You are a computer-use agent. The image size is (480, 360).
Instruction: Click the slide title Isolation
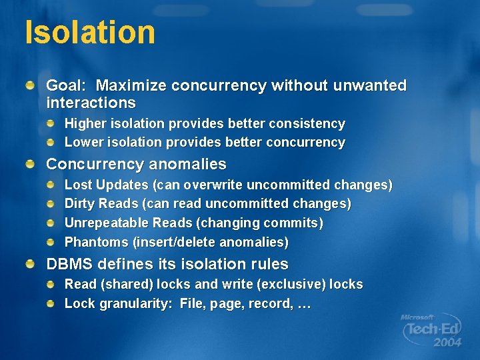point(90,32)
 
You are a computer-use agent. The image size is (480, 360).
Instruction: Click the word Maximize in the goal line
point(131,85)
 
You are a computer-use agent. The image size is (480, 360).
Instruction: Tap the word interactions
point(91,103)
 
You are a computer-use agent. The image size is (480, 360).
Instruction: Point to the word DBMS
point(69,264)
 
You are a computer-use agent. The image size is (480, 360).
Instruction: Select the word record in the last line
point(269,304)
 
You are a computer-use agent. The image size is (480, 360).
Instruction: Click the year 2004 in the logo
point(447,342)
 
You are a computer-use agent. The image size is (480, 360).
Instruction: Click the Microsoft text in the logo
point(417,317)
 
